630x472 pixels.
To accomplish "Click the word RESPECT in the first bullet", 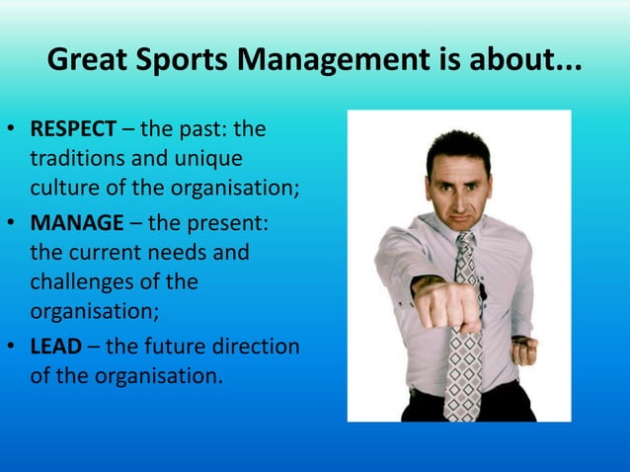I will pos(74,129).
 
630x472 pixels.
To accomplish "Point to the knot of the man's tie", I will pos(463,241).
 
